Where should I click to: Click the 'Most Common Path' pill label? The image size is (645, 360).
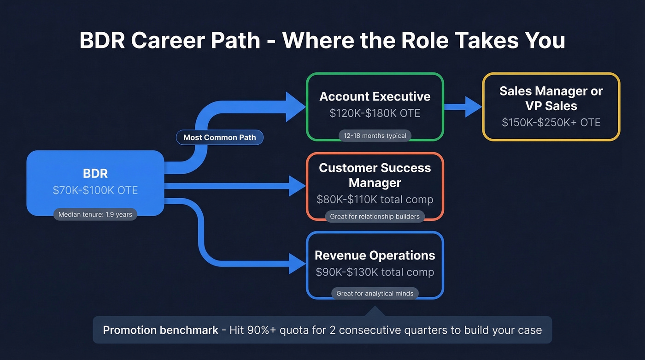coord(219,137)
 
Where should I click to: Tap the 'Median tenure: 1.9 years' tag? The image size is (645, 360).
coord(95,214)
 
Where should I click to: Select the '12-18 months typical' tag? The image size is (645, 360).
coord(375,136)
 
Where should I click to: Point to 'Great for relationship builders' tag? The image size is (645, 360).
coord(375,216)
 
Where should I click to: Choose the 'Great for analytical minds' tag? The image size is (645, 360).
coord(375,293)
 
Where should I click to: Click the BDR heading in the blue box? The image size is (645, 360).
coord(95,173)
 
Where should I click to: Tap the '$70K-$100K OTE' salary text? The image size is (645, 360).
coord(95,190)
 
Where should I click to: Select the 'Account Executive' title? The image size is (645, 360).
coord(375,96)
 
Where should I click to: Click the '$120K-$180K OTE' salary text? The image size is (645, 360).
coord(375,113)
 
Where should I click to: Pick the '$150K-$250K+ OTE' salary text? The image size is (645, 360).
coord(551,122)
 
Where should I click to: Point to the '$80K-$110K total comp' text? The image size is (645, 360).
coord(375,200)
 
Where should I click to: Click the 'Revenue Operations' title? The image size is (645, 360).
coord(375,255)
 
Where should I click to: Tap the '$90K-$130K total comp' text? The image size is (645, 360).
coord(375,272)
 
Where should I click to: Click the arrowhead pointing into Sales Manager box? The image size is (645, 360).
coord(473,107)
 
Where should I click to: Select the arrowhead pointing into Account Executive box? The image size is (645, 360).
coord(296,107)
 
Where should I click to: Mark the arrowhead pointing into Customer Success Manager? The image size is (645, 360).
coord(296,186)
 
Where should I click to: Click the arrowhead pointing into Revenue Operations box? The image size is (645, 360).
coord(296,264)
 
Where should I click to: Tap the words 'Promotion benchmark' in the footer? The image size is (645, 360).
coord(160,330)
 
